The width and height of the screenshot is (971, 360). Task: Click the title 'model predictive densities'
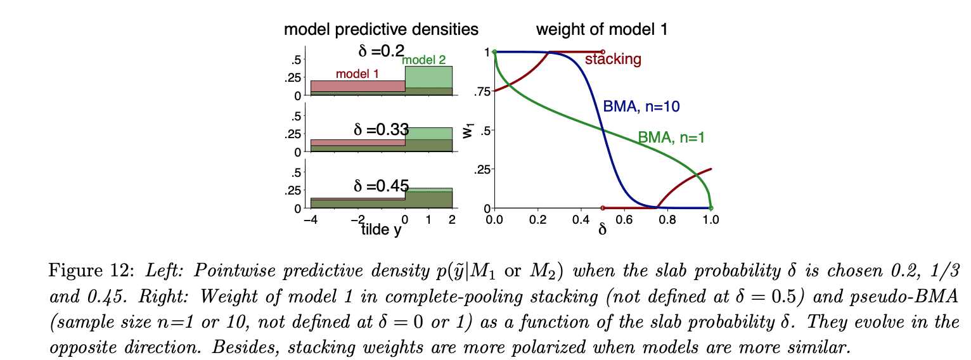point(381,29)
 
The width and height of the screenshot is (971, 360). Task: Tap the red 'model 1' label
point(357,74)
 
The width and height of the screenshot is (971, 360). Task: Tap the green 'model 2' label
point(423,60)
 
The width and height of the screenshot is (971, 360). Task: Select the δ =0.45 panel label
point(380,186)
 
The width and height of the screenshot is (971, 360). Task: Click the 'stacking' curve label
point(613,60)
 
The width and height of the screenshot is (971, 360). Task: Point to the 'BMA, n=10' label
point(641,107)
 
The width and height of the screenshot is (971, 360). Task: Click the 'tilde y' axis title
point(381,230)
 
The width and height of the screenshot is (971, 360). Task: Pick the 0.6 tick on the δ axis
point(624,219)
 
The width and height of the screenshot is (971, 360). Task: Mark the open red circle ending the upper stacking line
point(603,52)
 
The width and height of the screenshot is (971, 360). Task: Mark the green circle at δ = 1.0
point(711,208)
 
